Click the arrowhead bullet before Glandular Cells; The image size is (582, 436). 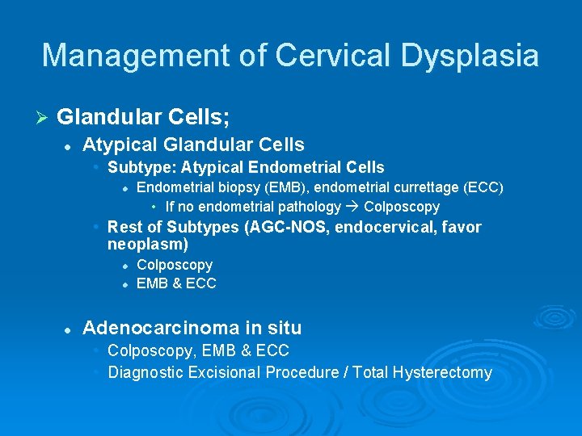tap(44, 118)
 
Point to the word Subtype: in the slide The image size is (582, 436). tap(142, 168)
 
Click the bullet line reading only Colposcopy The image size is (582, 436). tap(175, 265)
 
